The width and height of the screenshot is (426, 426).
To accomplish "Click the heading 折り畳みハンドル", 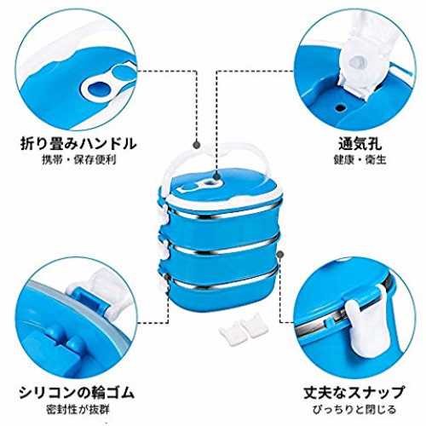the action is coord(78,143).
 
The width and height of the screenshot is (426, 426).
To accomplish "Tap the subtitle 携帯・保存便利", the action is coord(79,160).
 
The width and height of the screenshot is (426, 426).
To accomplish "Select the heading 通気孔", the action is coord(360,143).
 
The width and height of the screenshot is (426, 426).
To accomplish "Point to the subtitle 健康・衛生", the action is coord(360,159).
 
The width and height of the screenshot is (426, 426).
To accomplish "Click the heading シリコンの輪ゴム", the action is coord(77,393).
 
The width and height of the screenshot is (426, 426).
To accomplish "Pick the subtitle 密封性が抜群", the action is coord(78,410).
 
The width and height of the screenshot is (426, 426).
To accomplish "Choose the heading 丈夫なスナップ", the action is coord(354,393).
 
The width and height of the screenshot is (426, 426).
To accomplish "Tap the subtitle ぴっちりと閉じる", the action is coord(354,410).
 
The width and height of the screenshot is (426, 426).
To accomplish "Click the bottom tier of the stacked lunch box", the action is coord(222,292).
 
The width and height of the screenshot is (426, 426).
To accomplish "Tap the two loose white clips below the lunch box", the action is coord(244,326).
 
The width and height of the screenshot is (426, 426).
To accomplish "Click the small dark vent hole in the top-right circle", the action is coord(341,107).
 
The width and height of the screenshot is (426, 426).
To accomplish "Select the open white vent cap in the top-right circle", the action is coord(362,66).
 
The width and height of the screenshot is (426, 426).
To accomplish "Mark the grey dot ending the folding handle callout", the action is coord(197,145).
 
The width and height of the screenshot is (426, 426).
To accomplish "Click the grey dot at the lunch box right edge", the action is coord(280,254).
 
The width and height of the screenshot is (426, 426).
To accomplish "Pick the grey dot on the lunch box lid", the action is coord(216,177).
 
